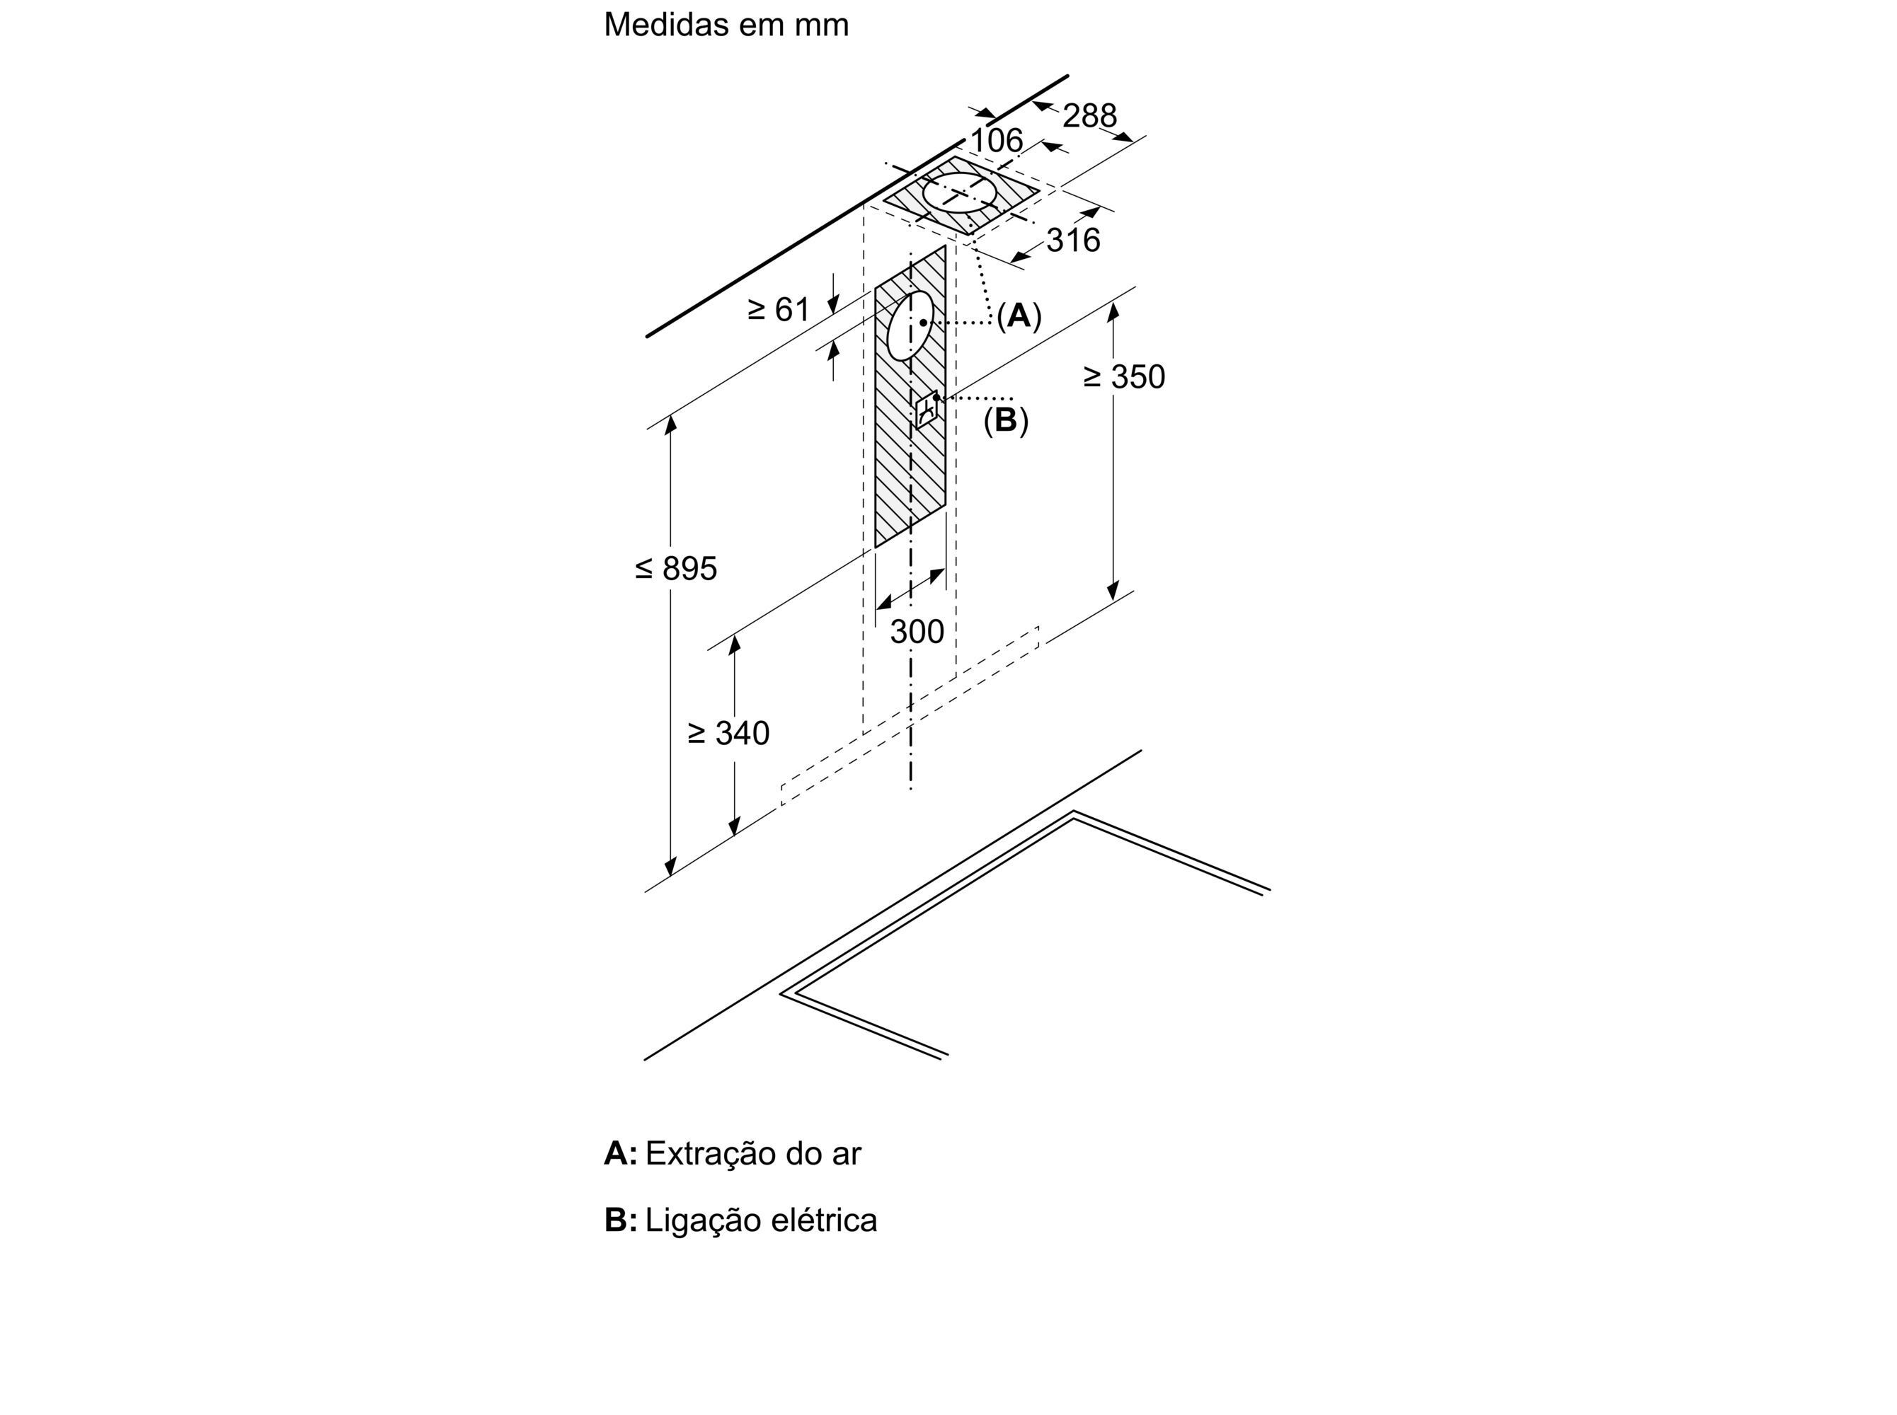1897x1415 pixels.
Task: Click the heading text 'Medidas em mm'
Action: (x=726, y=25)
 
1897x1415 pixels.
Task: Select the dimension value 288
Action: (x=1089, y=115)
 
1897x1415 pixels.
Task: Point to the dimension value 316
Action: (x=1073, y=241)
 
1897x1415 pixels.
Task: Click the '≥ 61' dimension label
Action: (x=778, y=309)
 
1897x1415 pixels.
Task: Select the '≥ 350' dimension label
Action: (x=1124, y=377)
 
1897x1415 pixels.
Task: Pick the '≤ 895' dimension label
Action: (x=676, y=568)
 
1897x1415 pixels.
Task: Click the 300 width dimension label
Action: (x=917, y=632)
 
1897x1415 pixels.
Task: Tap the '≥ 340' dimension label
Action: (x=728, y=733)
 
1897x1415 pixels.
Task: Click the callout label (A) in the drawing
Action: (x=1019, y=316)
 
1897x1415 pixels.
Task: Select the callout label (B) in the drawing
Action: (x=1005, y=420)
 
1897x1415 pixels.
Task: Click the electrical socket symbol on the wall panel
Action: (x=927, y=410)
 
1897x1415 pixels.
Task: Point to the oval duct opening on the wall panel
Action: (x=909, y=326)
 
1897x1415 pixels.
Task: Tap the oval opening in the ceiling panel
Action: (x=961, y=192)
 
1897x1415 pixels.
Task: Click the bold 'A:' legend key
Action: (x=620, y=1154)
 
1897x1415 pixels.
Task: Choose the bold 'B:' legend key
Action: (x=620, y=1220)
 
